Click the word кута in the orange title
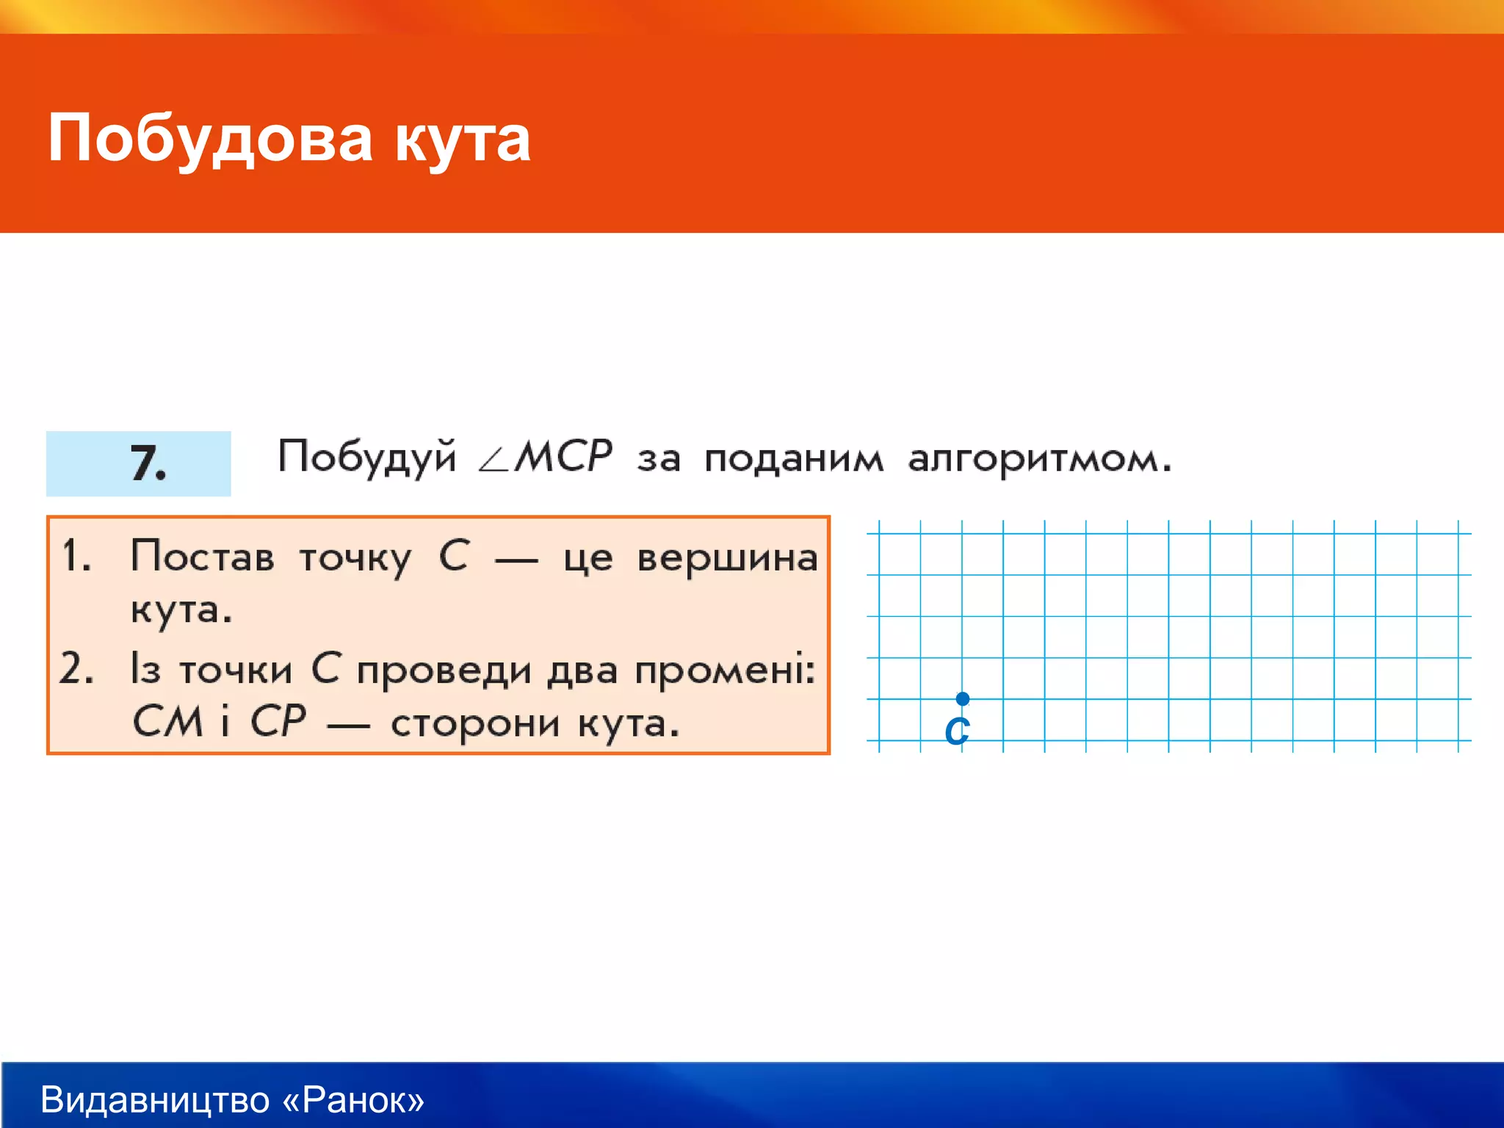[x=463, y=140]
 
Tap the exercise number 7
[x=147, y=464]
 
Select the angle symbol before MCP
[x=493, y=461]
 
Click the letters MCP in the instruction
[x=563, y=456]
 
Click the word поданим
[x=793, y=459]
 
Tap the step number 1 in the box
[x=76, y=555]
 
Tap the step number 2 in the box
[x=76, y=669]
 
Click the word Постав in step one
[x=203, y=557]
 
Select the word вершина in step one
[x=727, y=558]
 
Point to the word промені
[x=724, y=671]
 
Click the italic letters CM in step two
[x=167, y=721]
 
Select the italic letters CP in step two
[x=278, y=721]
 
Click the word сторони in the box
[x=477, y=724]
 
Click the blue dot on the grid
[x=962, y=698]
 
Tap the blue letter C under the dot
[x=957, y=731]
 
